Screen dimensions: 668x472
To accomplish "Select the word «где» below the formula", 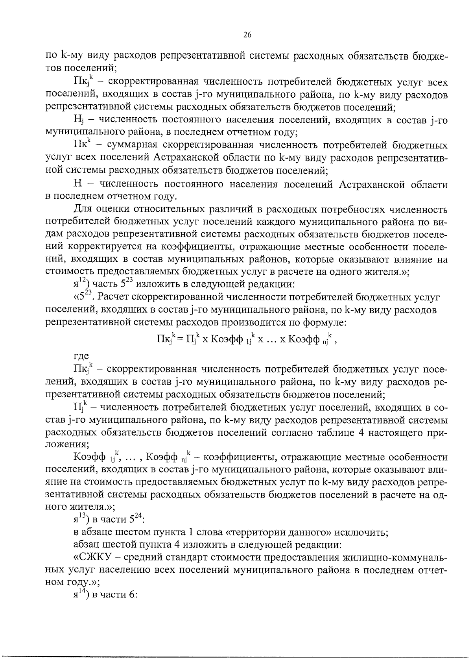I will point(81,356).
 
